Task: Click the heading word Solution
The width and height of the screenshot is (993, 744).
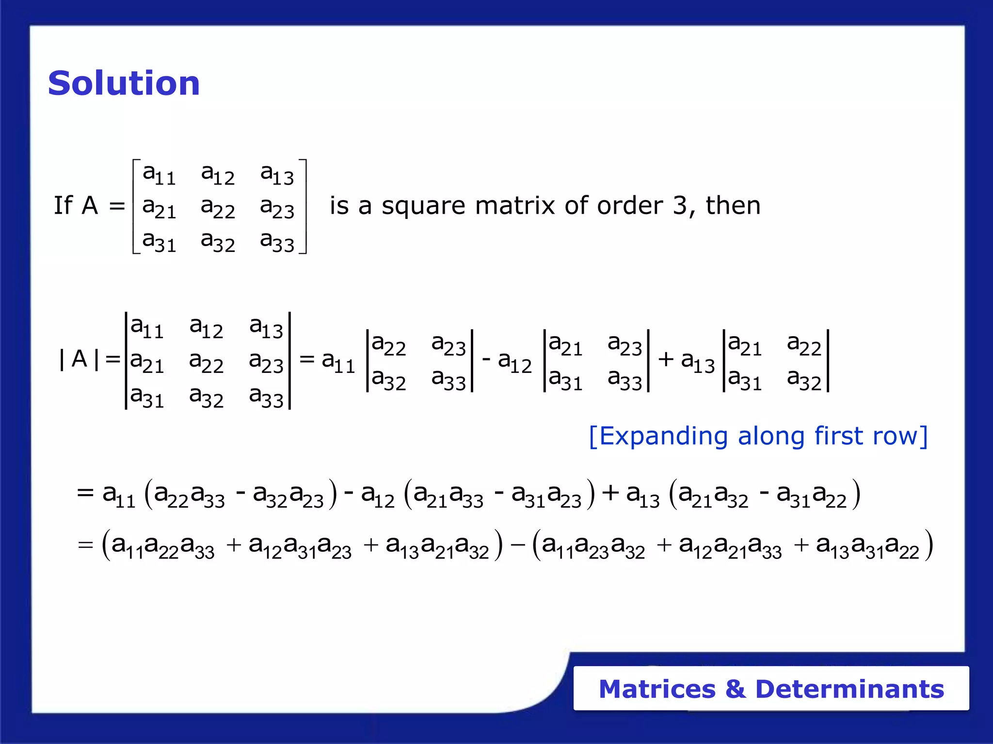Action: click(124, 83)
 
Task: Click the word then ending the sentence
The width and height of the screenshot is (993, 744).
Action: click(733, 205)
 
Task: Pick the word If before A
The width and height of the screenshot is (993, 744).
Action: click(63, 205)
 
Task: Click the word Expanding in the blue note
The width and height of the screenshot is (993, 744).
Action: click(663, 437)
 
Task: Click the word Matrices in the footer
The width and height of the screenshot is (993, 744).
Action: click(657, 689)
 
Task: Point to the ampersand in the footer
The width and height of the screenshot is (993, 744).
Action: click(736, 689)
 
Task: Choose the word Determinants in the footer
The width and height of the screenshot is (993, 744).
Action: click(849, 689)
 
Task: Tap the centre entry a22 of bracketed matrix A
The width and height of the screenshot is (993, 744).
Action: click(218, 208)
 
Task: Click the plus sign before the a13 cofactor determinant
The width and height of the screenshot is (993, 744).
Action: click(666, 359)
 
